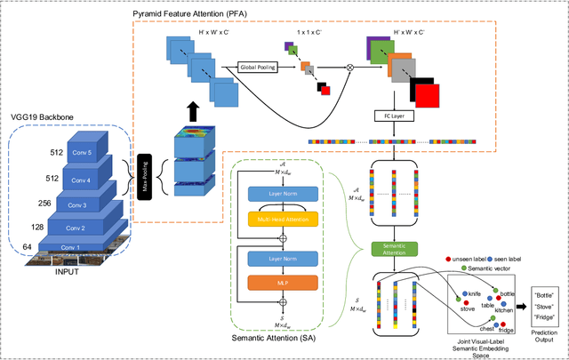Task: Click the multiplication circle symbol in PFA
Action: (349, 66)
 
